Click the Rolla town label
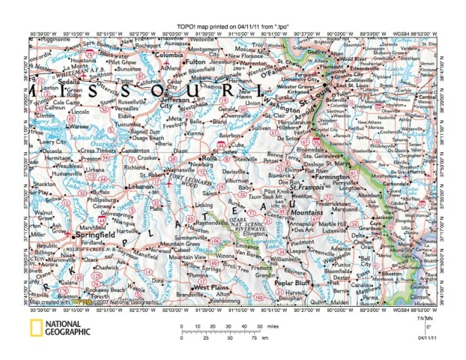click(205, 160)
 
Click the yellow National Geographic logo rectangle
click(35, 327)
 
